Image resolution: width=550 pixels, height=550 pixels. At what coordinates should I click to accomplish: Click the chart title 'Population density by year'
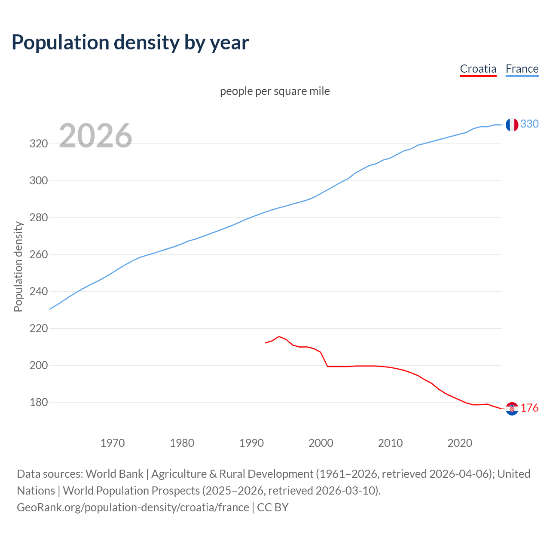130,43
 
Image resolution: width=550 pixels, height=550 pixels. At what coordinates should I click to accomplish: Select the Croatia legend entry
478,69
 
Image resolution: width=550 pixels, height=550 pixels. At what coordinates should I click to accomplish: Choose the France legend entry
522,69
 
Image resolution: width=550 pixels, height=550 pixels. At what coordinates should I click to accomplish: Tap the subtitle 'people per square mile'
275,92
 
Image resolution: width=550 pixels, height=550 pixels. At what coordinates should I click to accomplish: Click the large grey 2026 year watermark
95,136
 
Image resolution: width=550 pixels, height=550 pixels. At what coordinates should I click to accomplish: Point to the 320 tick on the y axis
38,144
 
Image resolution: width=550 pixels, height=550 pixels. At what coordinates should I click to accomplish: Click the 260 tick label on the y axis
38,254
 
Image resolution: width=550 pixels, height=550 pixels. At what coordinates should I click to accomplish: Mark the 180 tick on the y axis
38,403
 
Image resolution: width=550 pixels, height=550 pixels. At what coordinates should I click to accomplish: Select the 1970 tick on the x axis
113,443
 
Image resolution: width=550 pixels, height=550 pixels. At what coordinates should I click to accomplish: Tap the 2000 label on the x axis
321,443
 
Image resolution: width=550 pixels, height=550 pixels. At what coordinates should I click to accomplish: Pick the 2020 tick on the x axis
460,443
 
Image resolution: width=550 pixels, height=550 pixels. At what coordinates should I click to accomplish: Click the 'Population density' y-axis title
18,266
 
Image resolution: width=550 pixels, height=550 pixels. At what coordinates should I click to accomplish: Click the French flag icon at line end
512,125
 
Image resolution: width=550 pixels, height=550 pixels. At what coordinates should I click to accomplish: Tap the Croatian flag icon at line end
512,409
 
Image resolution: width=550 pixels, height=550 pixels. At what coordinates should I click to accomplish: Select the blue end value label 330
529,124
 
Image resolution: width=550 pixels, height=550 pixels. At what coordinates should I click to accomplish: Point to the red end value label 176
529,408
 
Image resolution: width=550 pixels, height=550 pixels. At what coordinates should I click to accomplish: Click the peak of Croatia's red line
279,336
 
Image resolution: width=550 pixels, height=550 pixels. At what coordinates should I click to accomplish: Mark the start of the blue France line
50,309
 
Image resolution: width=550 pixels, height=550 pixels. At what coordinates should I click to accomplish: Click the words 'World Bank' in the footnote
114,474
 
